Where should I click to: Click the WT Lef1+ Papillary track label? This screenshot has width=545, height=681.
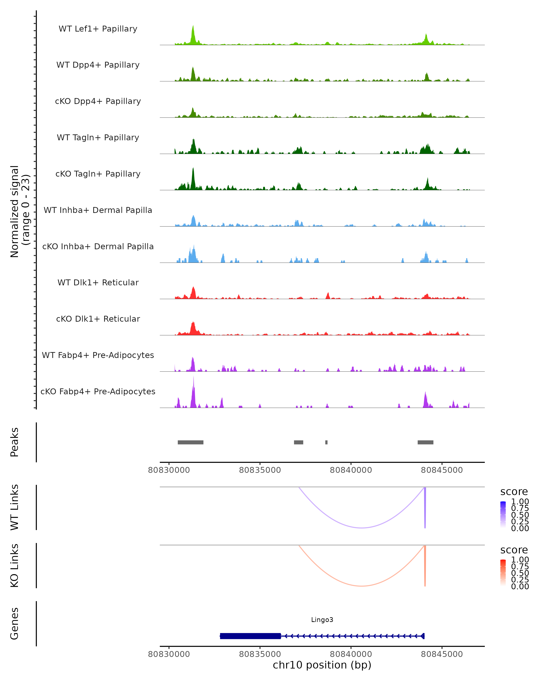[98, 29]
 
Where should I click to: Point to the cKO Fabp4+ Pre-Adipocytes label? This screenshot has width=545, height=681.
[98, 391]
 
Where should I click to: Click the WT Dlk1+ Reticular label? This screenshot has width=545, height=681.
[98, 282]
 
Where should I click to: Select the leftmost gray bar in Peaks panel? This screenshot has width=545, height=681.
[191, 442]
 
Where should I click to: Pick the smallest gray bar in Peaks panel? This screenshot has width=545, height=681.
[326, 442]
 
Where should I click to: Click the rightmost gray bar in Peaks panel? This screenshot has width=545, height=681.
[425, 442]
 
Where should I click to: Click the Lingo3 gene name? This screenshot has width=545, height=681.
[322, 620]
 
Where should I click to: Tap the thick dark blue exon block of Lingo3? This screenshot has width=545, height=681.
[250, 636]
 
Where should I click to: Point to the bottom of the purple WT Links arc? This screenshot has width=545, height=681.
[362, 528]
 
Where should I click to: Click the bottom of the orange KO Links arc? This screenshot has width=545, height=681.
[362, 586]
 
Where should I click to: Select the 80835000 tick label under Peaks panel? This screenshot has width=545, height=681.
[260, 470]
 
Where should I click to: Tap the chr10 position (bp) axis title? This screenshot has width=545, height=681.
[322, 665]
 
